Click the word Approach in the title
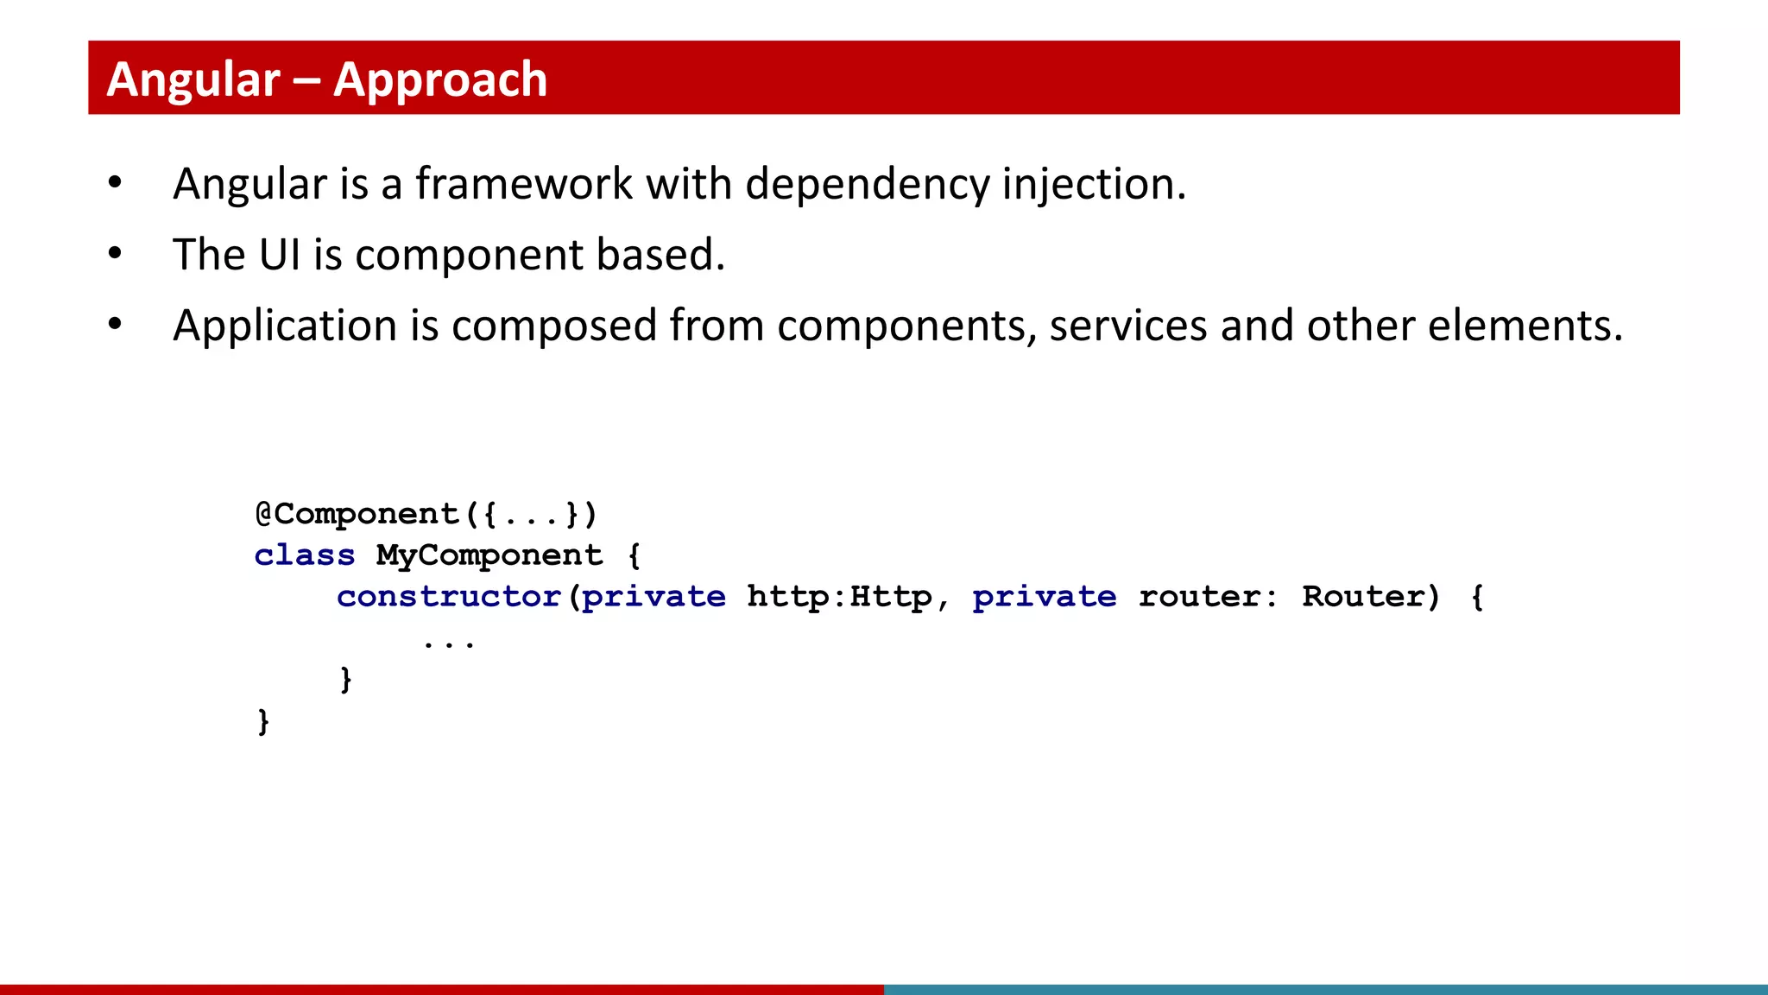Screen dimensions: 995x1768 440,79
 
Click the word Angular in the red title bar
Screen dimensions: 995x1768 193,79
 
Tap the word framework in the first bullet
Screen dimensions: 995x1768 524,184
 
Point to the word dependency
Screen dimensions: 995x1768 867,184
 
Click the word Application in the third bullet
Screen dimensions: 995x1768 285,326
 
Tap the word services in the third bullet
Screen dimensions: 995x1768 1128,326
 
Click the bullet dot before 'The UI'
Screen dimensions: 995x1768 115,254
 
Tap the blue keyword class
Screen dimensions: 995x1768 305,555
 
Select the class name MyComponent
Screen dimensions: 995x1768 489,555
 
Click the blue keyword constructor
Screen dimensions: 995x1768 449,597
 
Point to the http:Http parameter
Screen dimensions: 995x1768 839,597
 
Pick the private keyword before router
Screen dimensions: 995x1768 1044,597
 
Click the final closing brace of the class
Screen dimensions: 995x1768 263,721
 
